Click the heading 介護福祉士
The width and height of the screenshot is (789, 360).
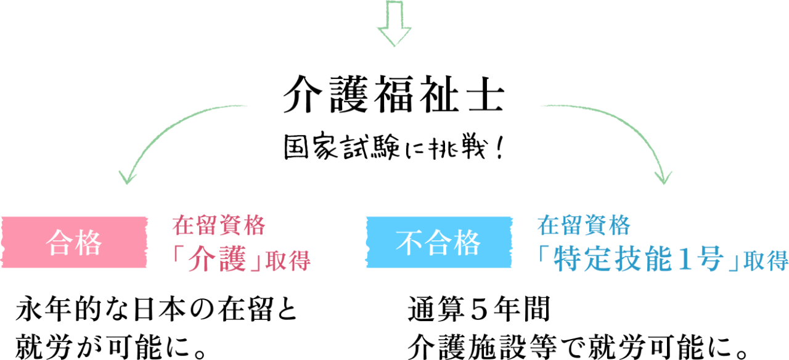(x=394, y=94)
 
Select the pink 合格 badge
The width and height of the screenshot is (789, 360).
(x=74, y=242)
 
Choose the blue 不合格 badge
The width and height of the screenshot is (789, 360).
(x=439, y=242)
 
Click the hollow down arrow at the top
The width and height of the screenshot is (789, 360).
(x=394, y=23)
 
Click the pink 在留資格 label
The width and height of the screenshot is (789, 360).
(x=218, y=226)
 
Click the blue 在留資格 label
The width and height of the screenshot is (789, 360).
(x=584, y=226)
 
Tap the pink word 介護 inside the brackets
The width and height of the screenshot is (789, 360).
(x=218, y=260)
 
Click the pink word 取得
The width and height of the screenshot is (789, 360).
(x=288, y=261)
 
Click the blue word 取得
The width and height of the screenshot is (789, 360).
(x=766, y=261)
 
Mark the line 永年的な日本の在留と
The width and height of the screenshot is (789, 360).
(x=157, y=309)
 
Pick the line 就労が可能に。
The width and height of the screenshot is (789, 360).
(x=110, y=346)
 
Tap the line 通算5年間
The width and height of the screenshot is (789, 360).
(x=479, y=309)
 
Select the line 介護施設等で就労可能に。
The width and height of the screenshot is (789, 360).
(x=578, y=346)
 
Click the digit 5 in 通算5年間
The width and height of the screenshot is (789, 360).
(x=479, y=309)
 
